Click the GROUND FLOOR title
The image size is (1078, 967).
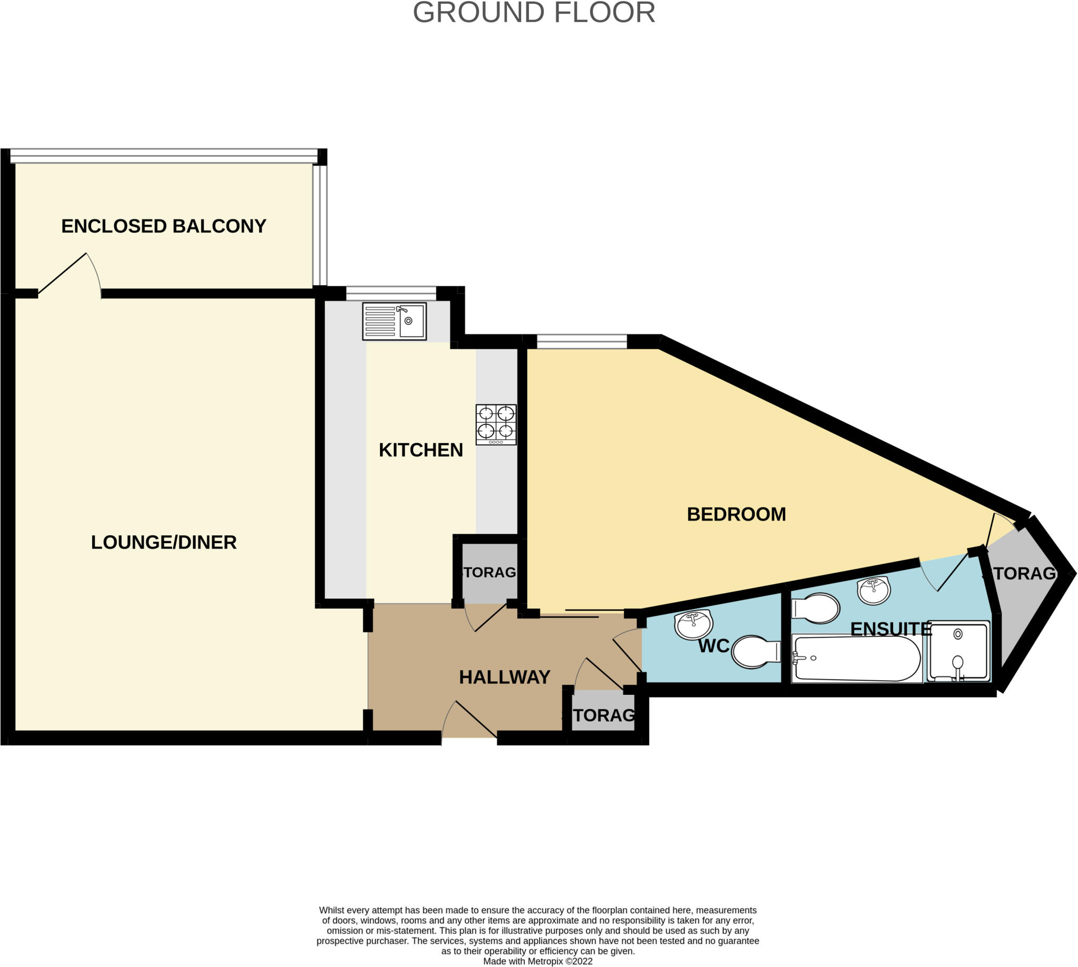pos(533,13)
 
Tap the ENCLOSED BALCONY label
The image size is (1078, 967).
pos(164,226)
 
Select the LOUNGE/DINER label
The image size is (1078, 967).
pos(164,542)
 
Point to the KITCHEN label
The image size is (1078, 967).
pos(420,450)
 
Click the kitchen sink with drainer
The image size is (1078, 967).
pos(394,321)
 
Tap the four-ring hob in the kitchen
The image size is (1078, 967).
pos(496,424)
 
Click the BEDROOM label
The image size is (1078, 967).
pos(736,514)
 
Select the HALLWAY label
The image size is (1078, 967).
pos(504,677)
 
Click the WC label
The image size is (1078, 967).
pos(714,646)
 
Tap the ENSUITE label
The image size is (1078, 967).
pos(891,629)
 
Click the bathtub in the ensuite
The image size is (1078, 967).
pos(856,659)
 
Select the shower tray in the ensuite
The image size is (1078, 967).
pos(958,651)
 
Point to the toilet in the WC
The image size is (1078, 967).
pos(755,651)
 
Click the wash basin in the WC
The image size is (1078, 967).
pos(693,624)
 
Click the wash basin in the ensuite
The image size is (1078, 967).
pos(873,590)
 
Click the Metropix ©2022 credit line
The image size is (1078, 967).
pos(537,961)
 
